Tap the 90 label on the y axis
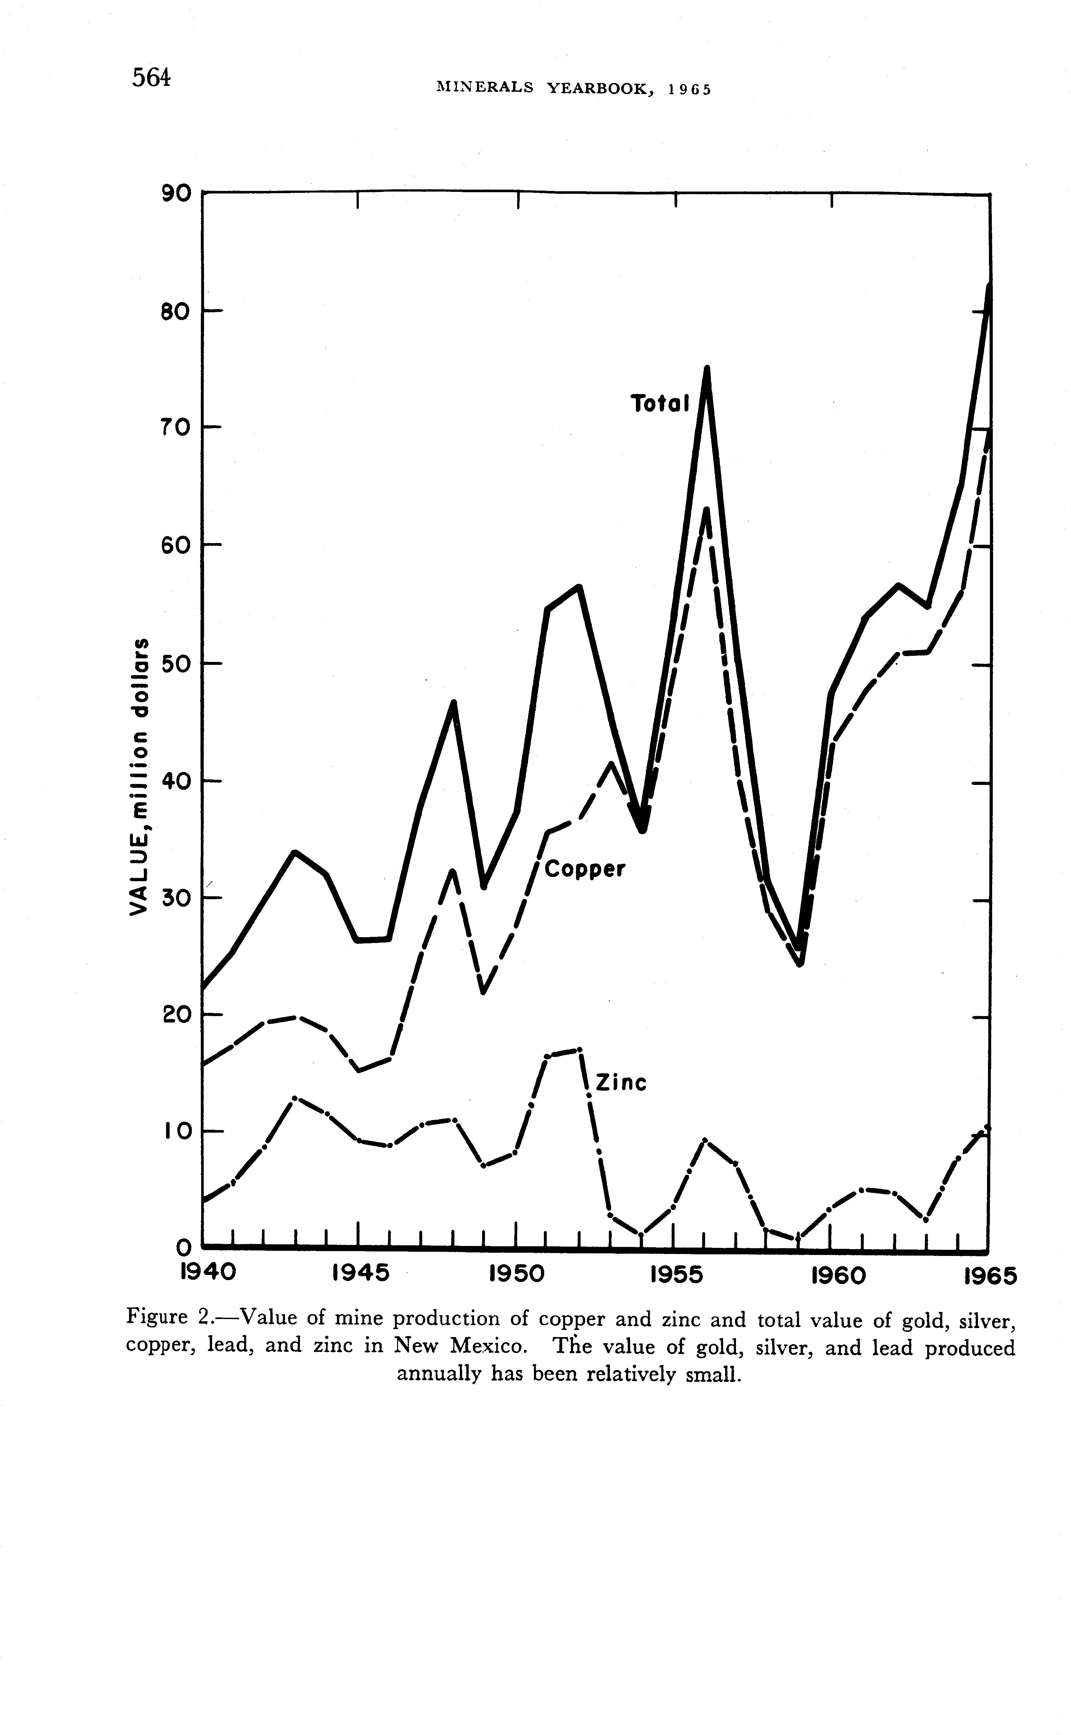176,193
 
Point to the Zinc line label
621,1082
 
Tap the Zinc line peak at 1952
579,1050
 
